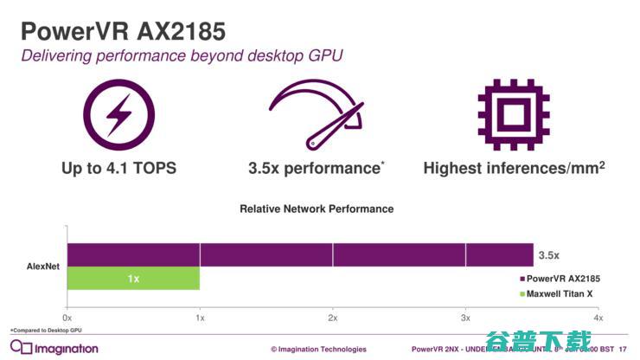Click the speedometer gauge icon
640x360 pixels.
pyautogui.click(x=315, y=112)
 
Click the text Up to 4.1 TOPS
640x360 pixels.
pyautogui.click(x=119, y=168)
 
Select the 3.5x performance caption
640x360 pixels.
pyautogui.click(x=316, y=168)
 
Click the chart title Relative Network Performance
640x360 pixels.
pyautogui.click(x=317, y=209)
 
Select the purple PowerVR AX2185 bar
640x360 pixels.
pyautogui.click(x=299, y=255)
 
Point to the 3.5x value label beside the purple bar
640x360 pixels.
pyautogui.click(x=548, y=255)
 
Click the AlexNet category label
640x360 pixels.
pyautogui.click(x=42, y=267)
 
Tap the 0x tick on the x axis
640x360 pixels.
pyautogui.click(x=67, y=318)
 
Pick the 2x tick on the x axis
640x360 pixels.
pyautogui.click(x=332, y=318)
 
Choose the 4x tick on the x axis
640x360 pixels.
pyautogui.click(x=597, y=318)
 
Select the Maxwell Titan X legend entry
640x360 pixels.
pyautogui.click(x=559, y=294)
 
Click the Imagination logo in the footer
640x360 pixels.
pyautogui.click(x=54, y=348)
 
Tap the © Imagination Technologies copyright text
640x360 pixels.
pyautogui.click(x=318, y=350)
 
